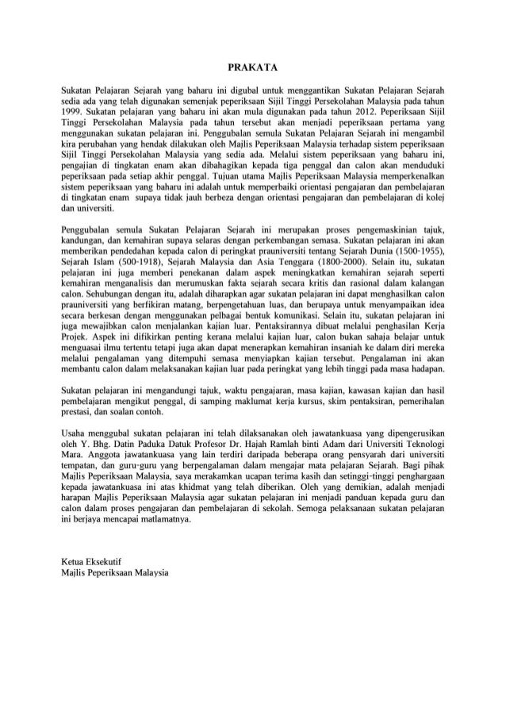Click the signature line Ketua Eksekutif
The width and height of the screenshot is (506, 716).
tap(94, 560)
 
